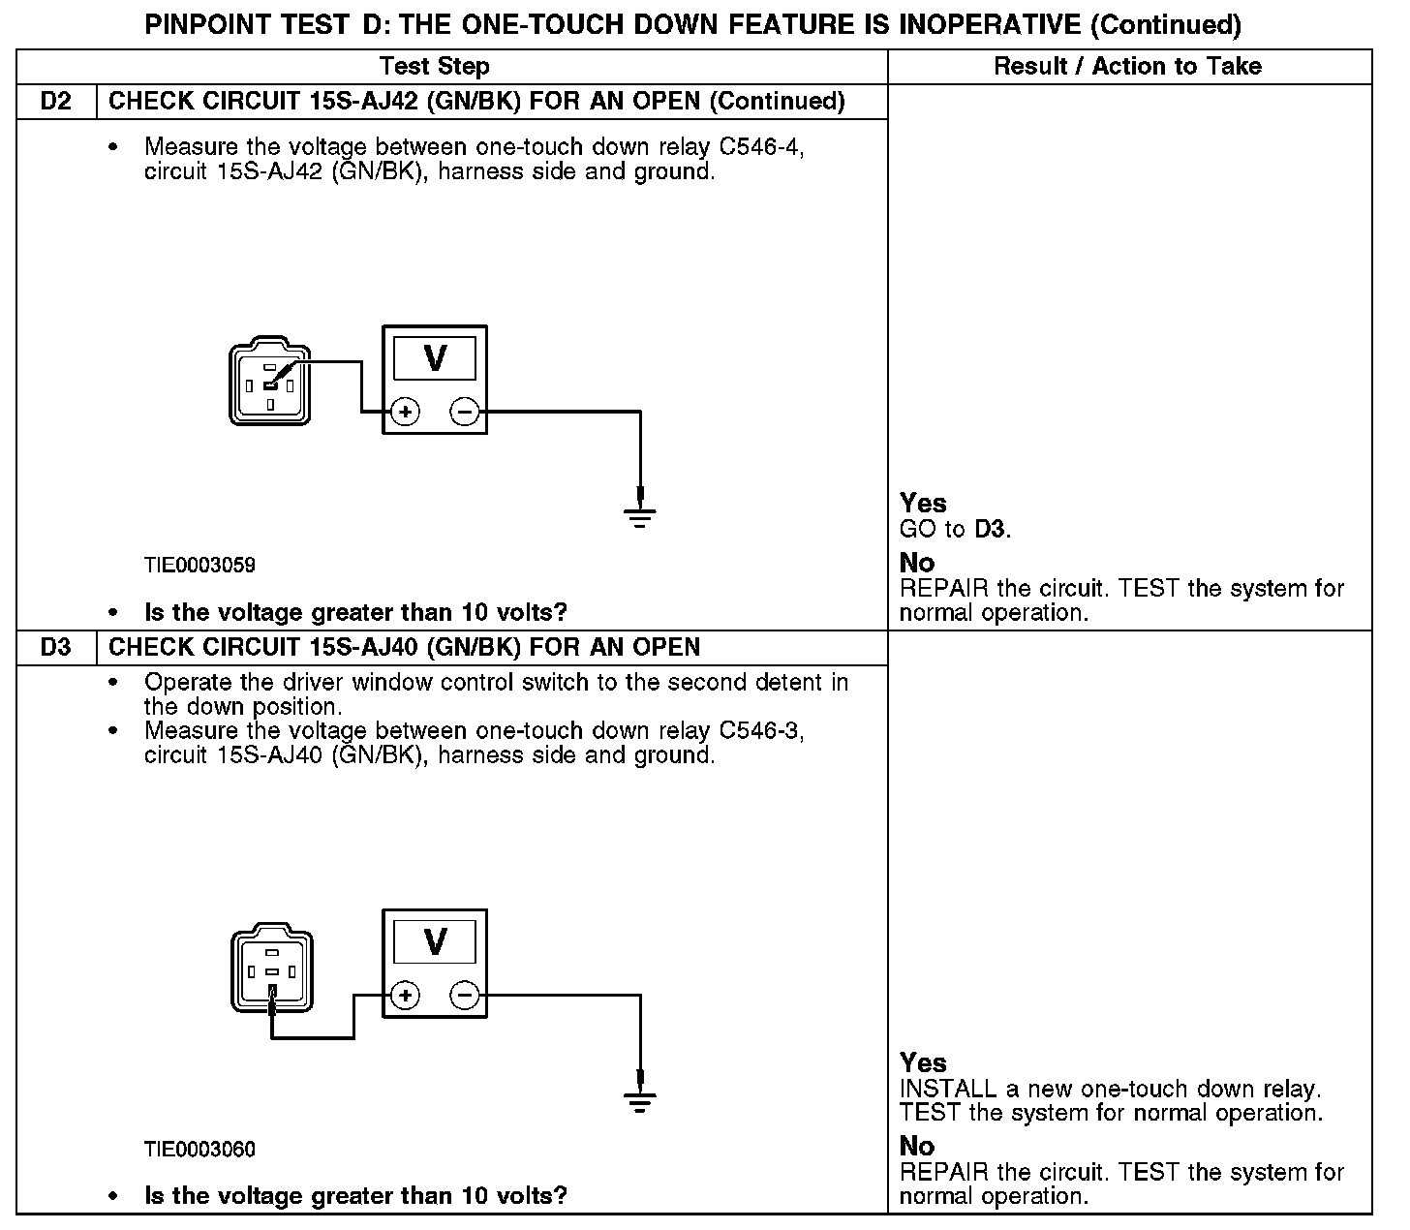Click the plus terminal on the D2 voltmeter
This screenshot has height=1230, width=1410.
tap(405, 412)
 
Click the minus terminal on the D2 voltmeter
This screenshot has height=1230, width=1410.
tap(465, 412)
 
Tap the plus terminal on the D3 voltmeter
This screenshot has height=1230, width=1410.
tap(405, 995)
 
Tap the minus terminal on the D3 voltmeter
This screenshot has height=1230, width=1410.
tap(465, 995)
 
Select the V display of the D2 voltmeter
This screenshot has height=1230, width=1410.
tap(435, 358)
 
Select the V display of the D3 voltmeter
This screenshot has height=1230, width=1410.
tap(435, 941)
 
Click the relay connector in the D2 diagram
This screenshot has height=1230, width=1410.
tap(269, 381)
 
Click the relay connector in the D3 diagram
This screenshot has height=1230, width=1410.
tap(272, 968)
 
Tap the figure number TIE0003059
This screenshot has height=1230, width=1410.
tap(199, 565)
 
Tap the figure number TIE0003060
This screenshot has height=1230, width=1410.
tap(199, 1149)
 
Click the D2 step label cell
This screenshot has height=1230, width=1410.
tap(56, 102)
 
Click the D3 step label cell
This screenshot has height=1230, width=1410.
tap(56, 647)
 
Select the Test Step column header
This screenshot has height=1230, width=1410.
tap(435, 66)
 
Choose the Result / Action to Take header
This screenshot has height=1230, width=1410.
tap(1128, 66)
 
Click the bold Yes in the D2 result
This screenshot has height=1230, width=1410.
tap(924, 503)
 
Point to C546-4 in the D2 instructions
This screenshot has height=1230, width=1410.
tap(761, 147)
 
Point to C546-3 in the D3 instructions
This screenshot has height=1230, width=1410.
tap(761, 730)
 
